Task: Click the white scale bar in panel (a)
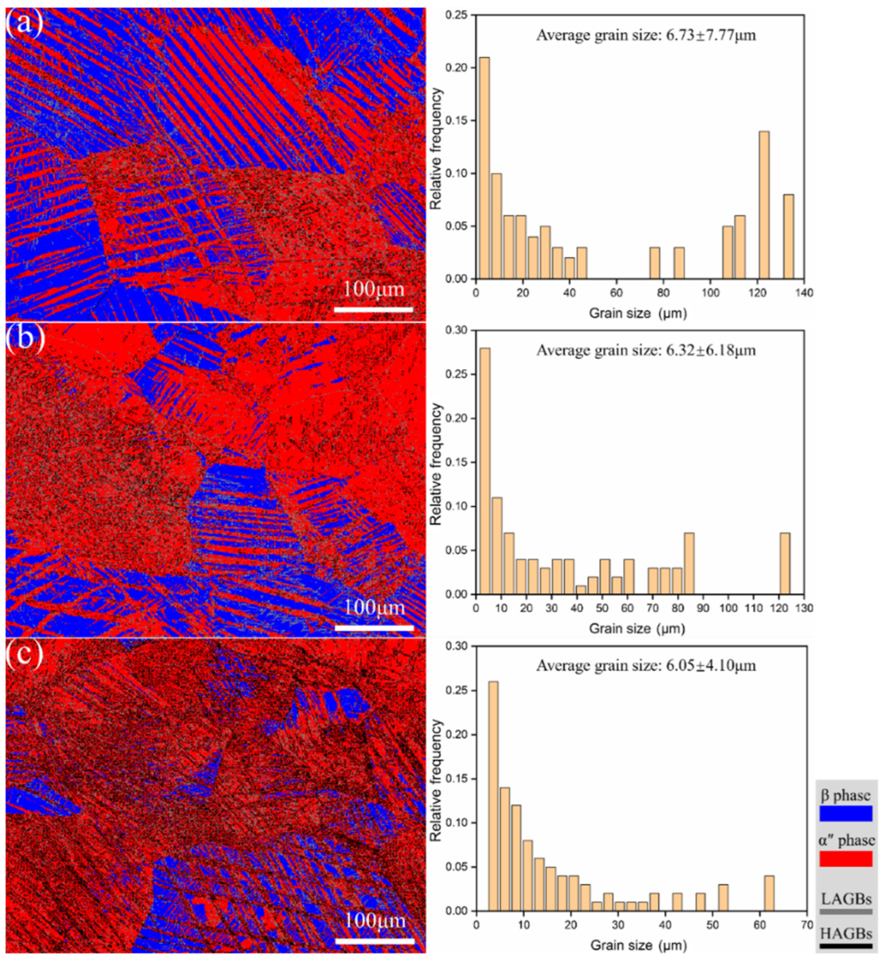tap(373, 309)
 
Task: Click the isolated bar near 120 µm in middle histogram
tap(784, 564)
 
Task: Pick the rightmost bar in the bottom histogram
tap(769, 893)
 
